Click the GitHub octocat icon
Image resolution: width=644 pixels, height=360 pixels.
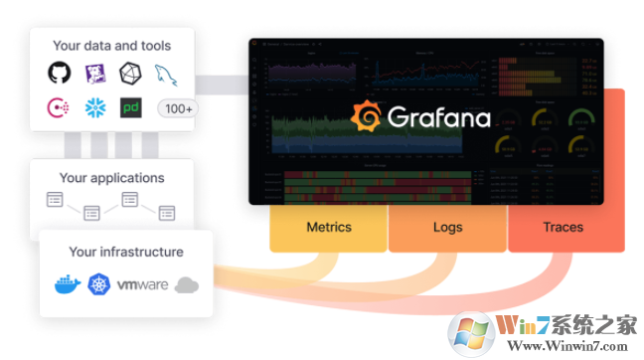click(60, 73)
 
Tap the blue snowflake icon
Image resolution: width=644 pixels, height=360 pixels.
click(95, 107)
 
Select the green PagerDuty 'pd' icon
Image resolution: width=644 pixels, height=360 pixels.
click(130, 107)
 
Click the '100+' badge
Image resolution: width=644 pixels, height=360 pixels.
click(178, 108)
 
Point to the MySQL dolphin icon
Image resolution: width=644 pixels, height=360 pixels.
click(165, 74)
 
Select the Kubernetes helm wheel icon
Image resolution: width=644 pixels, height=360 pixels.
click(101, 285)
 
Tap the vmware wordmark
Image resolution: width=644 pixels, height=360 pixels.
click(142, 285)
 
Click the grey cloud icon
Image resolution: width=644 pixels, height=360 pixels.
click(187, 285)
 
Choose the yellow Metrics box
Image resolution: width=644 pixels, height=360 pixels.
click(328, 228)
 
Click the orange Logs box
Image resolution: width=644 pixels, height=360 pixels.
click(447, 228)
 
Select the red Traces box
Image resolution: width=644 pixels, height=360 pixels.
click(563, 228)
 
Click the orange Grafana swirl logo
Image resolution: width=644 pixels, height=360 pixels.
click(368, 117)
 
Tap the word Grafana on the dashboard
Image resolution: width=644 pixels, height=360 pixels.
click(439, 118)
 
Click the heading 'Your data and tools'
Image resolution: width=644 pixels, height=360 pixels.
click(111, 45)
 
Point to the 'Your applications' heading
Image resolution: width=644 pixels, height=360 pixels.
click(111, 178)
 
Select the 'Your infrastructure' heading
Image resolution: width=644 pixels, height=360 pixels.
click(125, 252)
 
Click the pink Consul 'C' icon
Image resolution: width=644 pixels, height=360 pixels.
click(60, 107)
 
